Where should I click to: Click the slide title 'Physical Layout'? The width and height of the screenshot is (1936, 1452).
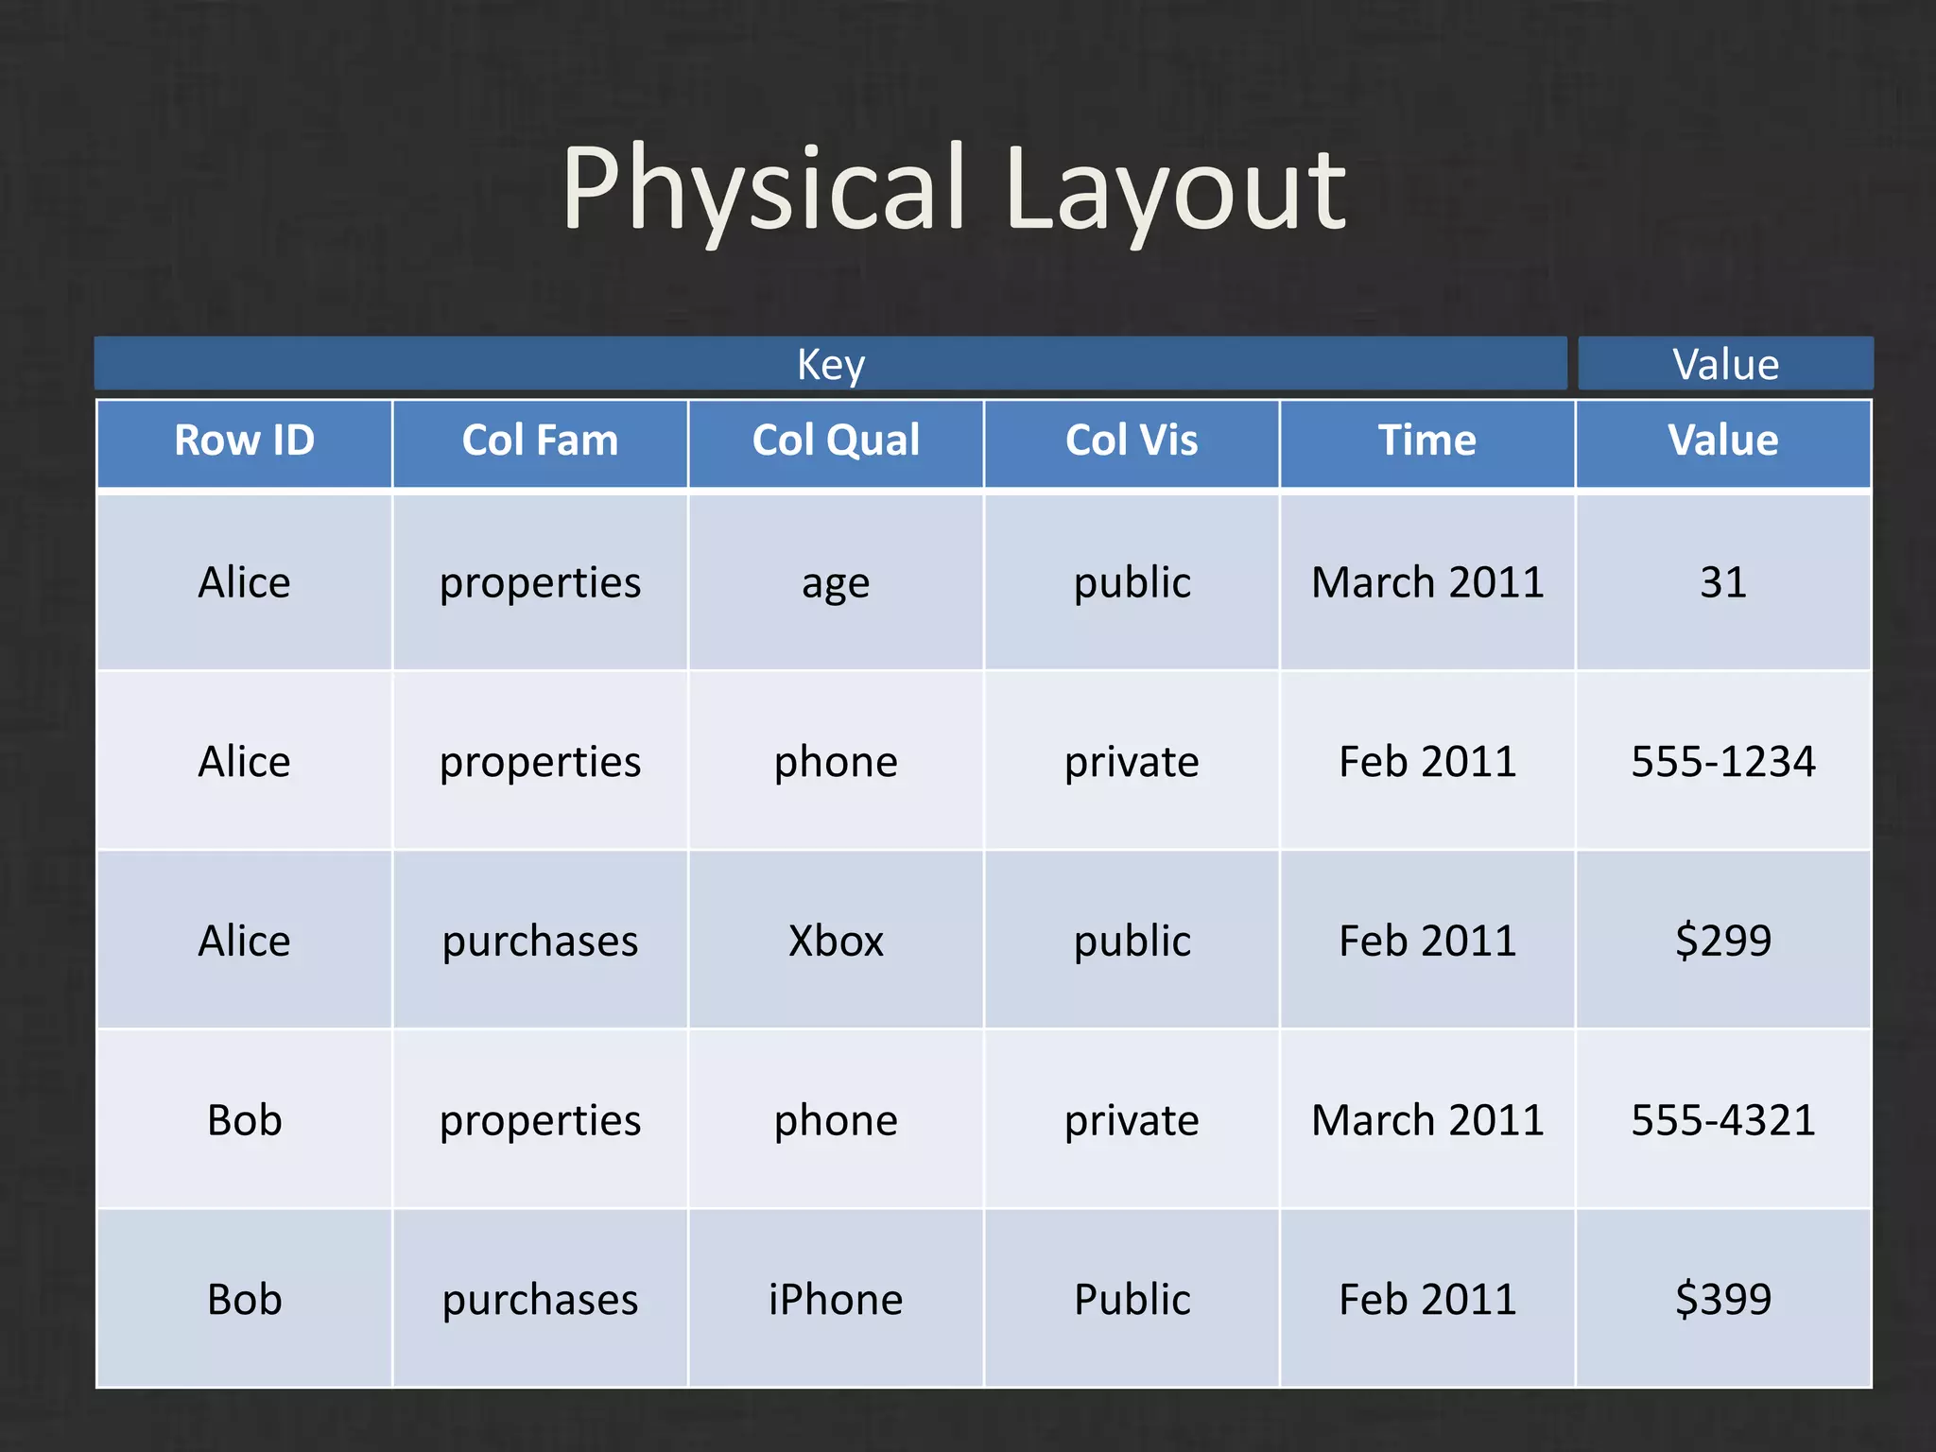click(x=953, y=189)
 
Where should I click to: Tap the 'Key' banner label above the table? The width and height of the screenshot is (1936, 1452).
click(x=830, y=364)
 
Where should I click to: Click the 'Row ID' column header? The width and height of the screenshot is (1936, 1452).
click(x=244, y=441)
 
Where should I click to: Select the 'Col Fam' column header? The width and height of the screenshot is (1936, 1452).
click(x=540, y=441)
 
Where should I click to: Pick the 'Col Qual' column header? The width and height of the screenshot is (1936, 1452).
click(x=836, y=441)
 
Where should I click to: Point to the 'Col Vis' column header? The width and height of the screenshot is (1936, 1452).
click(x=1132, y=441)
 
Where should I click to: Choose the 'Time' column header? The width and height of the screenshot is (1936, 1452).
click(x=1426, y=441)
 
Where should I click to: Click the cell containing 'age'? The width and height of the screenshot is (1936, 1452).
click(x=836, y=583)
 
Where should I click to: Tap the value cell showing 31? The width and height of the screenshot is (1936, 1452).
click(x=1722, y=582)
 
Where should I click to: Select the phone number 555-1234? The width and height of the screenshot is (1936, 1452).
click(x=1722, y=762)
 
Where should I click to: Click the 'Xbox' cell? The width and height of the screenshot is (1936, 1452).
click(x=836, y=942)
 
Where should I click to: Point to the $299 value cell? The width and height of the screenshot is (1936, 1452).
click(x=1722, y=942)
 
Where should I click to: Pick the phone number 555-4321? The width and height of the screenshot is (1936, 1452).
click(x=1722, y=1120)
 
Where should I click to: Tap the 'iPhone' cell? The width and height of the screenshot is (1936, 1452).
click(x=836, y=1300)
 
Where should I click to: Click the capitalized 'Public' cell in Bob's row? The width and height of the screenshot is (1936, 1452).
click(x=1132, y=1300)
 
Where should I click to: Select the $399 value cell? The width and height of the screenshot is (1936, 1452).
click(x=1722, y=1300)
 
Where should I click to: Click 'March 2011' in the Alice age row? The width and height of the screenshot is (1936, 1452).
click(x=1426, y=582)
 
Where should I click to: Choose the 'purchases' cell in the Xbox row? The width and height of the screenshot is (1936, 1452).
click(x=540, y=942)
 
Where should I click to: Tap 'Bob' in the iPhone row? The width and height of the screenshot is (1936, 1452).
click(x=244, y=1300)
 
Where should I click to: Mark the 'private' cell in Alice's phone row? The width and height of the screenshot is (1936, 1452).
click(x=1132, y=762)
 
